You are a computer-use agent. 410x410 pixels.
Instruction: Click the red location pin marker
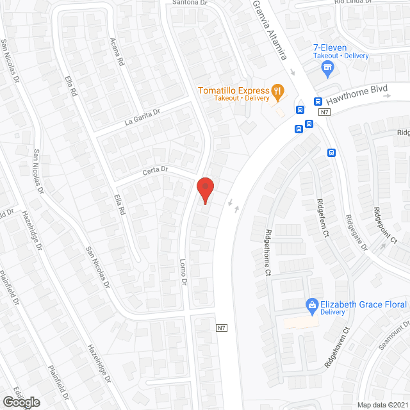(204, 190)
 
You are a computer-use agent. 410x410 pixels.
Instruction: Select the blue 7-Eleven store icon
(328, 67)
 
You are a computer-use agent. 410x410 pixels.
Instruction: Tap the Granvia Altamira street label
(268, 30)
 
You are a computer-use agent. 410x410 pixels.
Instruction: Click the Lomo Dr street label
(183, 273)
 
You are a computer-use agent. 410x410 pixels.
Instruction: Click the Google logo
(20, 402)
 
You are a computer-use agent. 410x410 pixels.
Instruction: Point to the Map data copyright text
(382, 404)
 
